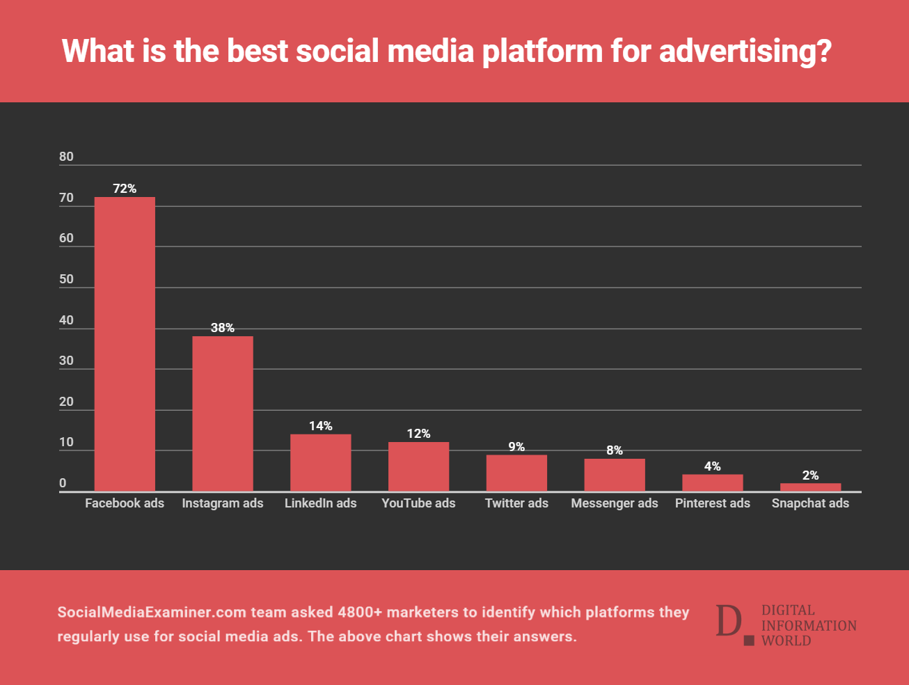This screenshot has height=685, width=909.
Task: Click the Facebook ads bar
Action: coord(125,344)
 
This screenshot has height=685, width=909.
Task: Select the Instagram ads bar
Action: coord(223,414)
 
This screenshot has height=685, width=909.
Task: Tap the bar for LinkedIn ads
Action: coord(321,463)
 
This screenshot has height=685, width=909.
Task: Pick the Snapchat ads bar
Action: coord(810,487)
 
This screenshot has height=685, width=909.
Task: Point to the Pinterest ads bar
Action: coord(712,483)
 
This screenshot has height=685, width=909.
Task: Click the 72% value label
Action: coord(125,189)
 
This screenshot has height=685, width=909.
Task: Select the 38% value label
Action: coord(223,328)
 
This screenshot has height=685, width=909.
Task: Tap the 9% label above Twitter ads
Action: coord(516,447)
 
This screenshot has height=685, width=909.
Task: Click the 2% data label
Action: coord(810,475)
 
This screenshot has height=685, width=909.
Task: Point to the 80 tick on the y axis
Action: coord(66,157)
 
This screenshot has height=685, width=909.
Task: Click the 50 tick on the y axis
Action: coord(66,279)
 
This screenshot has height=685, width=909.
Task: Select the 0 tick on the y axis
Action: coord(63,483)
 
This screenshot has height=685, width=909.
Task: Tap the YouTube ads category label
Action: coord(418,503)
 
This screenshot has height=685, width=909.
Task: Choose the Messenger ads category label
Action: coord(614,503)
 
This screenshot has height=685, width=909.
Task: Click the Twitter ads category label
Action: coord(516,503)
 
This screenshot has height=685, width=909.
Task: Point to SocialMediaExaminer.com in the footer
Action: coord(152,613)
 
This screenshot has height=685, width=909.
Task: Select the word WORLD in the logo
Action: coord(786,641)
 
